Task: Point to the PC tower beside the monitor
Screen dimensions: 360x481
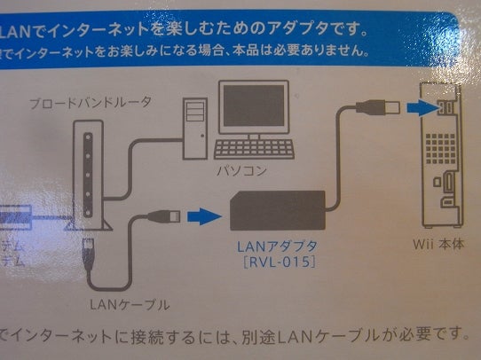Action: point(196,128)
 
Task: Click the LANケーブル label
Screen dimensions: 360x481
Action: point(130,304)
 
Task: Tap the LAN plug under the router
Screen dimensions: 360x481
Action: point(91,251)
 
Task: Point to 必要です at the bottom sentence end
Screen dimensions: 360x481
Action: point(436,334)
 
